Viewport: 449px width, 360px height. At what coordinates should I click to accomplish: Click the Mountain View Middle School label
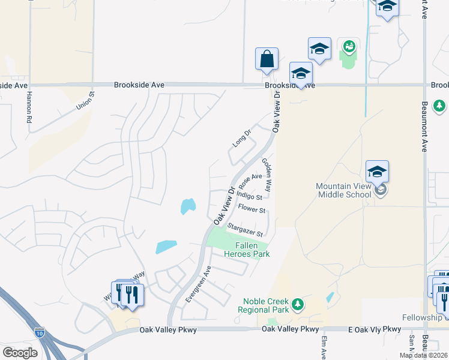(x=344, y=190)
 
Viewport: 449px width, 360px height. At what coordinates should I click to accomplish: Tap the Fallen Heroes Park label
(x=247, y=250)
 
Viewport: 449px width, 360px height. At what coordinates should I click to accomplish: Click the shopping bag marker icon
(x=267, y=59)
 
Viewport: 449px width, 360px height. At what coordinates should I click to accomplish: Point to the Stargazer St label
(x=246, y=229)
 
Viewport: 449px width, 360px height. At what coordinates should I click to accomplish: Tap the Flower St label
(x=252, y=209)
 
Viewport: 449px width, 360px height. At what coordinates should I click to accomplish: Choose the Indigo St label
(x=249, y=195)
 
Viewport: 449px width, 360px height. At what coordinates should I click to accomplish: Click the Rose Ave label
(x=250, y=179)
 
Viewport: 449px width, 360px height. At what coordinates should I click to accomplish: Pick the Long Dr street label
(x=241, y=138)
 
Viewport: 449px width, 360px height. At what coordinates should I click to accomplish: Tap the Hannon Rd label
(x=28, y=112)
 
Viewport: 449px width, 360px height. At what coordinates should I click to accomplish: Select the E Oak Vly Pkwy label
(x=374, y=329)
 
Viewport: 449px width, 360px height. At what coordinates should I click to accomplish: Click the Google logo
(x=20, y=353)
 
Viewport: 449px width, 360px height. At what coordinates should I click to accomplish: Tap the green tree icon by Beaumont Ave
(x=440, y=106)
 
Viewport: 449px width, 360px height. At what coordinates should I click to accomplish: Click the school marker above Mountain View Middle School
(x=377, y=172)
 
